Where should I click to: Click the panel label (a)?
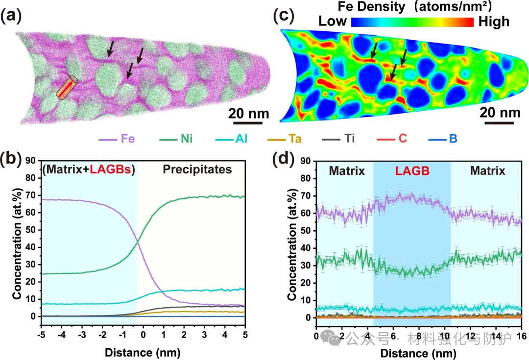[x=11, y=17]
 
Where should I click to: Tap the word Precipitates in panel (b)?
[x=204, y=170]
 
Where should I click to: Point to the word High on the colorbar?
[x=492, y=22]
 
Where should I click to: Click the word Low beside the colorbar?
[x=333, y=22]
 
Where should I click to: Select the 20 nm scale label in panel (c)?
[x=500, y=113]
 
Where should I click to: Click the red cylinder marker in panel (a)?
[x=67, y=88]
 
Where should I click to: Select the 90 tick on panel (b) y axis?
[x=30, y=160]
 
